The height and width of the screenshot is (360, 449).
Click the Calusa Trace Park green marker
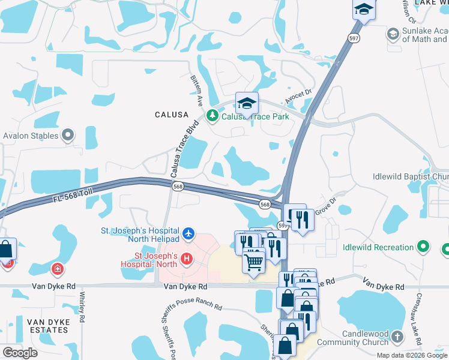coord(211,116)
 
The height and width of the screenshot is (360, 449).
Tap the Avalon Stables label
coord(31,136)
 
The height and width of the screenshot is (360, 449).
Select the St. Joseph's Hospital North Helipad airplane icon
coord(188,232)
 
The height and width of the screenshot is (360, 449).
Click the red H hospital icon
coord(187,259)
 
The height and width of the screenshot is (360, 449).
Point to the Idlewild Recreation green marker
coord(424,247)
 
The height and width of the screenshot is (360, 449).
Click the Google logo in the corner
coord(20,352)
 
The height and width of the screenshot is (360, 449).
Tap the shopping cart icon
coord(253,260)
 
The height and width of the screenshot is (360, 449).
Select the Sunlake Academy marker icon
coord(393,33)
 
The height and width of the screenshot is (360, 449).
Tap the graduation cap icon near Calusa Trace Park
coord(246,104)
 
